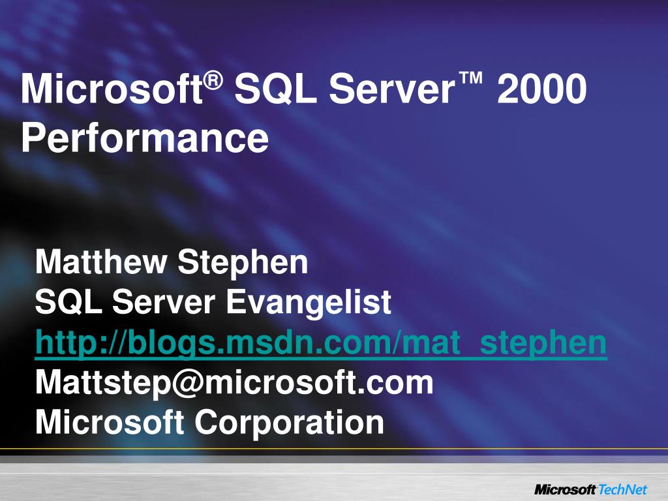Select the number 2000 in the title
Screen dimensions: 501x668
pyautogui.click(x=541, y=91)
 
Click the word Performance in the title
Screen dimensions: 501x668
pyautogui.click(x=144, y=138)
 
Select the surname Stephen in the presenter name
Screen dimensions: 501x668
pyautogui.click(x=243, y=262)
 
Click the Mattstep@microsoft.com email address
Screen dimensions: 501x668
pyautogui.click(x=234, y=383)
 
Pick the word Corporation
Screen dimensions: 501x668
pyautogui.click(x=289, y=422)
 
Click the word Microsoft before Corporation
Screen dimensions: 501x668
pyautogui.click(x=110, y=422)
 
